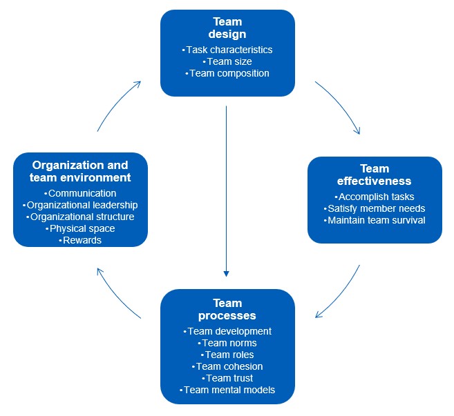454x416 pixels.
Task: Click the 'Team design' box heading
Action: click(227, 28)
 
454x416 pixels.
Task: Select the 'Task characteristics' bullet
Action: click(227, 50)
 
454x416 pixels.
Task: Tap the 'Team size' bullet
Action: click(227, 61)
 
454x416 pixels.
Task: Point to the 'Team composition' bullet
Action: click(227, 73)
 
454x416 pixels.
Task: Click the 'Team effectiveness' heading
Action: click(374, 175)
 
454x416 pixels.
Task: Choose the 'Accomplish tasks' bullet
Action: click(374, 197)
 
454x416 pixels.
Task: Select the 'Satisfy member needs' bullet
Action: click(374, 208)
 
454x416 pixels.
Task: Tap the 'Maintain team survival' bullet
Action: click(374, 220)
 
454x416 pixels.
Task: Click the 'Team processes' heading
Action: click(227, 309)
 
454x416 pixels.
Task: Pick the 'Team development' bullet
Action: click(227, 331)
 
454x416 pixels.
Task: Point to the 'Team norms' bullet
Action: click(227, 343)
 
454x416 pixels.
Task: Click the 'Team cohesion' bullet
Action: click(227, 366)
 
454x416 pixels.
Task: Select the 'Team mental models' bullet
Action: click(227, 390)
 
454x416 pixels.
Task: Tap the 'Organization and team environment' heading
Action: click(80, 171)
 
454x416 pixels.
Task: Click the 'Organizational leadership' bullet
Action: click(80, 205)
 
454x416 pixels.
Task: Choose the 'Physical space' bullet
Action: click(80, 228)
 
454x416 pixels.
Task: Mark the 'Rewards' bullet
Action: click(80, 240)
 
